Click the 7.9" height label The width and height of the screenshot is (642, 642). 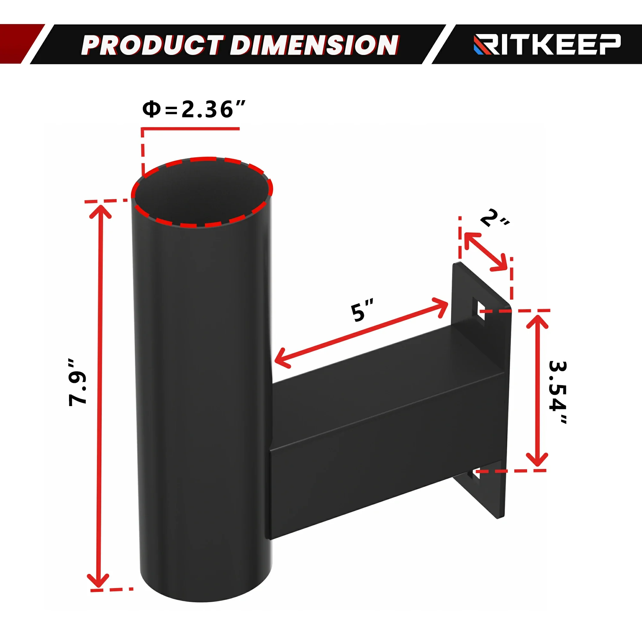(x=77, y=382)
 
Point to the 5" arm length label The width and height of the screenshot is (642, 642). (x=362, y=311)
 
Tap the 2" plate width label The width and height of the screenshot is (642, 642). (x=494, y=219)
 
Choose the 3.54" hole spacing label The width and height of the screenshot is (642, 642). (x=558, y=392)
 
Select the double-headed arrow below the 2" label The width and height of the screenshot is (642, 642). (x=486, y=252)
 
